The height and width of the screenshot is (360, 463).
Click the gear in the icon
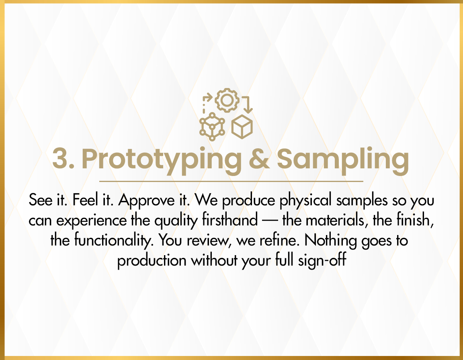(227, 100)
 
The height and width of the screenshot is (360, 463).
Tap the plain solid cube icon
(242, 127)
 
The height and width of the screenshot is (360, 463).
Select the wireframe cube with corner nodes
(212, 127)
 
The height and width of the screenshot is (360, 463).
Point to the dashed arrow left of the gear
(207, 103)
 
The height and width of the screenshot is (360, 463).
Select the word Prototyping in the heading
(162, 160)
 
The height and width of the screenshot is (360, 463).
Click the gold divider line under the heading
(231, 181)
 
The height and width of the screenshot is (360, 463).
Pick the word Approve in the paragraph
(146, 200)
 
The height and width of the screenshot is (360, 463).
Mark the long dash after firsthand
(270, 221)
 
